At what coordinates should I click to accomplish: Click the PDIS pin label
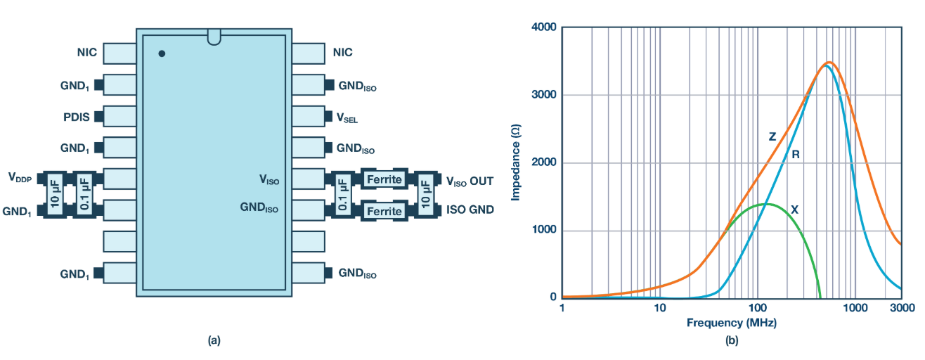77,117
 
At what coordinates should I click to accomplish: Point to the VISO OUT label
470,181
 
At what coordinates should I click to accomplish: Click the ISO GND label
470,210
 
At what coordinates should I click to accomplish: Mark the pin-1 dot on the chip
162,53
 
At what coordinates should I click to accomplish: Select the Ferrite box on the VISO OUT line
384,179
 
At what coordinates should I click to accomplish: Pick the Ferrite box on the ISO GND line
384,211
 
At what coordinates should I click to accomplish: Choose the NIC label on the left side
86,52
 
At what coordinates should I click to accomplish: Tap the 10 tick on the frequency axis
659,309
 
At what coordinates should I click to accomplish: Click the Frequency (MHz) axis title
732,323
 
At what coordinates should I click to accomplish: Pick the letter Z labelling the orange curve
772,137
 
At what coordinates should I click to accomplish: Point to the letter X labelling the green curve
794,209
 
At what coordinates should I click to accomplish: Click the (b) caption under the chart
732,341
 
